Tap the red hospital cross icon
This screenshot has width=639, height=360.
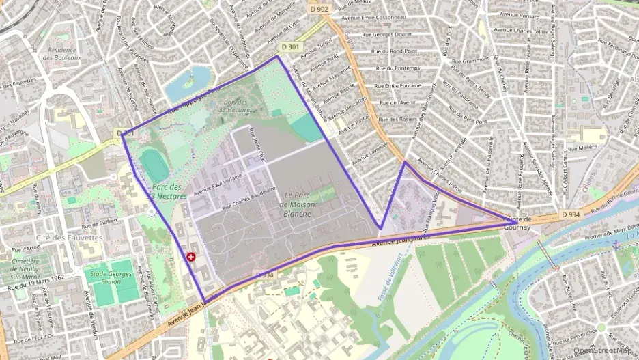point(190,257)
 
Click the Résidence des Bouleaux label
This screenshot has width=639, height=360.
point(61,54)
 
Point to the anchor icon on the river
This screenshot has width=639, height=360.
point(615,245)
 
